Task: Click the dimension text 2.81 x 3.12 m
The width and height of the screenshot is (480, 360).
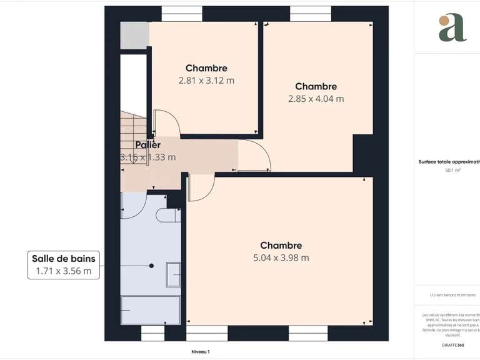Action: click(x=206, y=80)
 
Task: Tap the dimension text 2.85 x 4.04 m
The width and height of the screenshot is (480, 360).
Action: click(x=316, y=98)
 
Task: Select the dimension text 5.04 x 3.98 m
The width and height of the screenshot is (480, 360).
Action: click(x=281, y=257)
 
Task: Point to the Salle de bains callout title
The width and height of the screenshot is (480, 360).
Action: click(x=65, y=258)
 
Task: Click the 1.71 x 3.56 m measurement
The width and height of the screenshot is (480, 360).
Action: click(x=65, y=271)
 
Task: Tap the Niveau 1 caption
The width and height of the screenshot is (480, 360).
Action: click(x=200, y=352)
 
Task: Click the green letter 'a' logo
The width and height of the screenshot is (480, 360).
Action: click(x=452, y=27)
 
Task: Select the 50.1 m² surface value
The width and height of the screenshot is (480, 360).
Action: click(x=452, y=170)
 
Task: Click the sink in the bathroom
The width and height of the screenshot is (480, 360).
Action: click(x=173, y=274)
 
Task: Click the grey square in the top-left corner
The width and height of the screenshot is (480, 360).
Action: click(x=132, y=36)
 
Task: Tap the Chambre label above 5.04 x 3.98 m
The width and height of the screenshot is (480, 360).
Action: click(x=281, y=246)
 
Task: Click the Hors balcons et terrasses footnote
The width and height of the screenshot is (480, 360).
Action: click(x=452, y=295)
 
